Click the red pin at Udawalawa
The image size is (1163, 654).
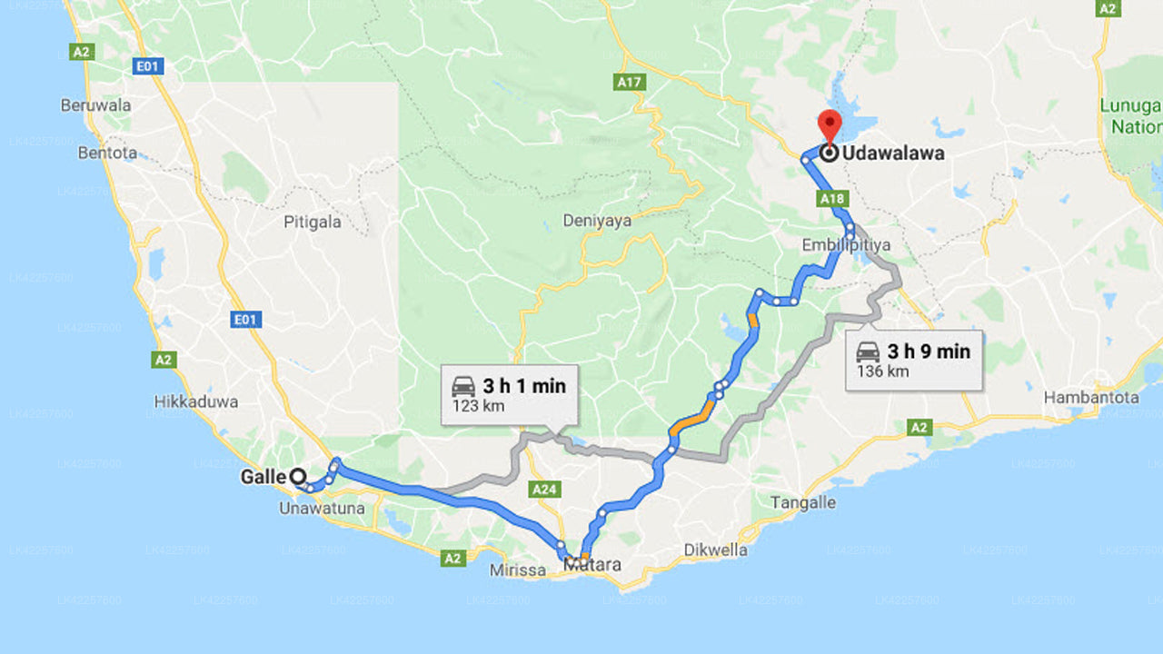coord(829,124)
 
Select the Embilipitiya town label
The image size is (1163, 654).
coord(833,246)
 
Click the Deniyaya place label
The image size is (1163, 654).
coord(597,221)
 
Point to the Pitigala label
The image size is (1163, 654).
coord(313,223)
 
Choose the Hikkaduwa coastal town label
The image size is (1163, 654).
coord(196,401)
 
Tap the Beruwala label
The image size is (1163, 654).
coord(95,105)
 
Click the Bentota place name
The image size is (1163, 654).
coord(107,153)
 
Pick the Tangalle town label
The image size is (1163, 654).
coord(803,502)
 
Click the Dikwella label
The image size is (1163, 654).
coord(716,550)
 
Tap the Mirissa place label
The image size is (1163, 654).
coord(518,570)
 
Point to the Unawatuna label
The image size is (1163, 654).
coord(323,509)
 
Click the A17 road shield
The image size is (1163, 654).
coord(629,83)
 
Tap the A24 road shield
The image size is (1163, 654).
coord(544,490)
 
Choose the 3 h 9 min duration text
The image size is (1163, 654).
coord(929,352)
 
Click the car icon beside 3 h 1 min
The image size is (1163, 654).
coord(463,386)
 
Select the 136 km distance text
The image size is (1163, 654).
coord(881,372)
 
